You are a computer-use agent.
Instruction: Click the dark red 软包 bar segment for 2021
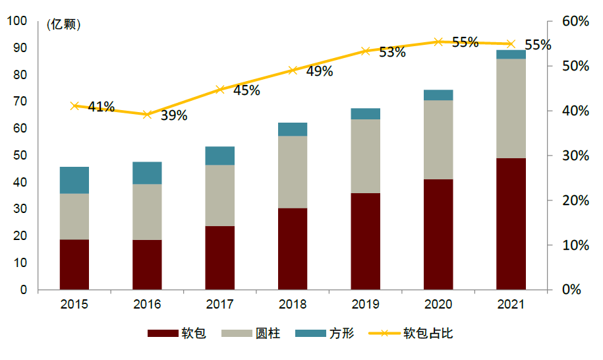coord(511,224)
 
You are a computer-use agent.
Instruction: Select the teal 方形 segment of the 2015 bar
coord(74,180)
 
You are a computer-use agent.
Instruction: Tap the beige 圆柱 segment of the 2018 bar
coord(293,172)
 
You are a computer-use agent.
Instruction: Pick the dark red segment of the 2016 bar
coord(147,264)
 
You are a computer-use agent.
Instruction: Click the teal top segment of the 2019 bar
coord(365,114)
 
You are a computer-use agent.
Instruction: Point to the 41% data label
coord(101,107)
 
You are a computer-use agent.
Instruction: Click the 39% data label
coord(174,115)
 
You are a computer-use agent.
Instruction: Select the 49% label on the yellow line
coord(320,71)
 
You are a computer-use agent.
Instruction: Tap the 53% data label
coord(392,53)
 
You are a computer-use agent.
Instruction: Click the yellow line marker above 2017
coord(220,90)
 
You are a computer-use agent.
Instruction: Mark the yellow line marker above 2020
coord(438,42)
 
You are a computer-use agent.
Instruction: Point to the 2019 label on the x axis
coord(365,304)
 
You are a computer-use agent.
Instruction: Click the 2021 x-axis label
coord(511,304)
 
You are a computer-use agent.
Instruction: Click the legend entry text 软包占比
coord(428,334)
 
